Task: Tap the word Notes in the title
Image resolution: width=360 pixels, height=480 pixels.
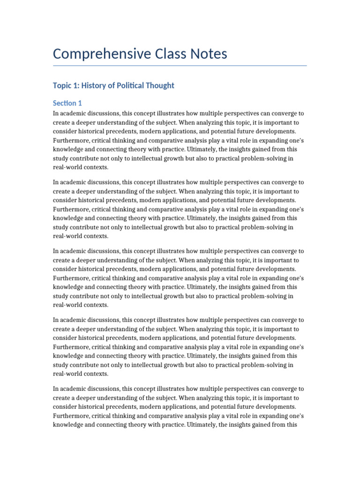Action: (x=206, y=54)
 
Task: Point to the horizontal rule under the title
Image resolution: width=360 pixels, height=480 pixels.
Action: (x=180, y=66)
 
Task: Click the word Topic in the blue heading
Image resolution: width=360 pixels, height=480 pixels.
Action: (x=63, y=85)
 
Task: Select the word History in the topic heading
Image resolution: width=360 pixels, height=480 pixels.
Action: (x=98, y=85)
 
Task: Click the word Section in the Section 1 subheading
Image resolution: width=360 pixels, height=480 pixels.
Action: (x=65, y=103)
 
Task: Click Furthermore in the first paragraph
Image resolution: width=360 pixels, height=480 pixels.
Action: (x=73, y=140)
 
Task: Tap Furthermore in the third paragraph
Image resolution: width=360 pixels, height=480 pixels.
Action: (x=73, y=278)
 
